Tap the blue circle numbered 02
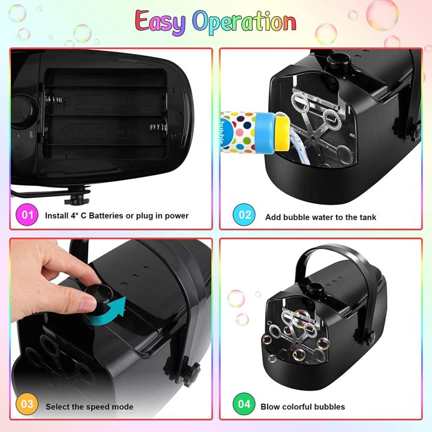point(244,215)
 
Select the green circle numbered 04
point(244,405)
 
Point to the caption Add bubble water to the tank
point(320,217)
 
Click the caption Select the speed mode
point(89,406)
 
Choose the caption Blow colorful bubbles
point(302,406)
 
